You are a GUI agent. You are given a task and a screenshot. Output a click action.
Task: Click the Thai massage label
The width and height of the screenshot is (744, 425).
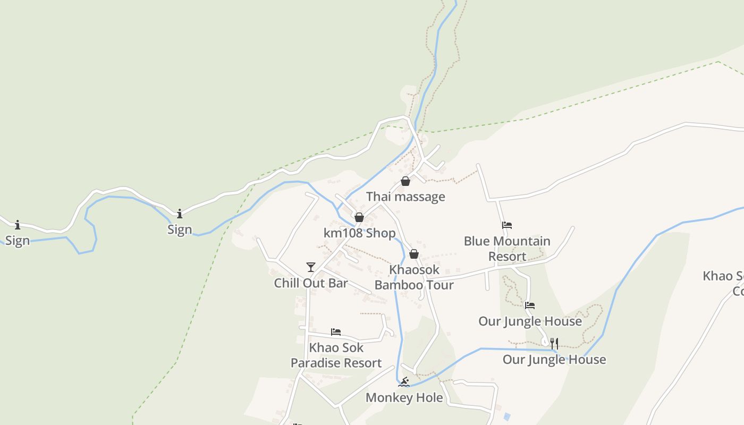pos(405,197)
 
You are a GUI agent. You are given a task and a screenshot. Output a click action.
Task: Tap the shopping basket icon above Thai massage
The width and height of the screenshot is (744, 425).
pos(405,181)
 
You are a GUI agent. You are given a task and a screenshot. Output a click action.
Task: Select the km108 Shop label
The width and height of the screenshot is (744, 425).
pos(359,233)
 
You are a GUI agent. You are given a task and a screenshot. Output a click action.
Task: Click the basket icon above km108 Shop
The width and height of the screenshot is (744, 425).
pos(359,217)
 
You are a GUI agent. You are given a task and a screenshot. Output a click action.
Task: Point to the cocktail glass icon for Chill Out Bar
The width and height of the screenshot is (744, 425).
pos(311,267)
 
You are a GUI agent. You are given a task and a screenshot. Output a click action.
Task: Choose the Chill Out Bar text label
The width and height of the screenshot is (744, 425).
pos(311,283)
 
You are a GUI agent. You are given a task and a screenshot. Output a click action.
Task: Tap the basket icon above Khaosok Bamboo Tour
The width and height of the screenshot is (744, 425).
pos(414,254)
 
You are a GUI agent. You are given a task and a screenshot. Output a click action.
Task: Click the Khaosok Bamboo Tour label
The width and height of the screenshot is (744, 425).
pos(414,277)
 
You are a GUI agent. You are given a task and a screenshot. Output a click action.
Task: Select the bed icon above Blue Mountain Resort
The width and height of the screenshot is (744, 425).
pos(507,225)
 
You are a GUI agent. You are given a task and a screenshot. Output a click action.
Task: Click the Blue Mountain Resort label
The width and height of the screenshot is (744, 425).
pos(507,249)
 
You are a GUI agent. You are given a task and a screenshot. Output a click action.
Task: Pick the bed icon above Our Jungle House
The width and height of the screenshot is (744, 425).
pos(530,305)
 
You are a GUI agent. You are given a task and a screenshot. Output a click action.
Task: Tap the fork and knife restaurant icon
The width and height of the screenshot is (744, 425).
pos(554,343)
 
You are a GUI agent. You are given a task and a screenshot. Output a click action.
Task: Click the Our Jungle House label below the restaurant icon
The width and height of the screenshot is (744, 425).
pos(554,360)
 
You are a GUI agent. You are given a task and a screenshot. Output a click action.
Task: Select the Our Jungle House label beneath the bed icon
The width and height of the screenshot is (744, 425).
pos(530,321)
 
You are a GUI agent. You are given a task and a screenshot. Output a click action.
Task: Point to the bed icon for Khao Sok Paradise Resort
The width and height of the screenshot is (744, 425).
pos(336,332)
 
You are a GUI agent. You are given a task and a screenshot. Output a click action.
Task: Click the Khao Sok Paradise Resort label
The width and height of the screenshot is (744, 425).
pos(336,355)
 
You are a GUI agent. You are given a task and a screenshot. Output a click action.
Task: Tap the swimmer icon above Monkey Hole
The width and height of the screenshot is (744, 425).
pos(404,381)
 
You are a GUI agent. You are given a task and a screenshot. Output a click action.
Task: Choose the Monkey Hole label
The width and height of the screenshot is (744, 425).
pos(404,398)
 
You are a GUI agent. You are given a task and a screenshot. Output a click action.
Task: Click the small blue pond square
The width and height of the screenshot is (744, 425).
pos(506,416)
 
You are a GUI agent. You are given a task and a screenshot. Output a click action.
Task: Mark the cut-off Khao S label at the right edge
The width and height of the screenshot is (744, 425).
pos(724,283)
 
